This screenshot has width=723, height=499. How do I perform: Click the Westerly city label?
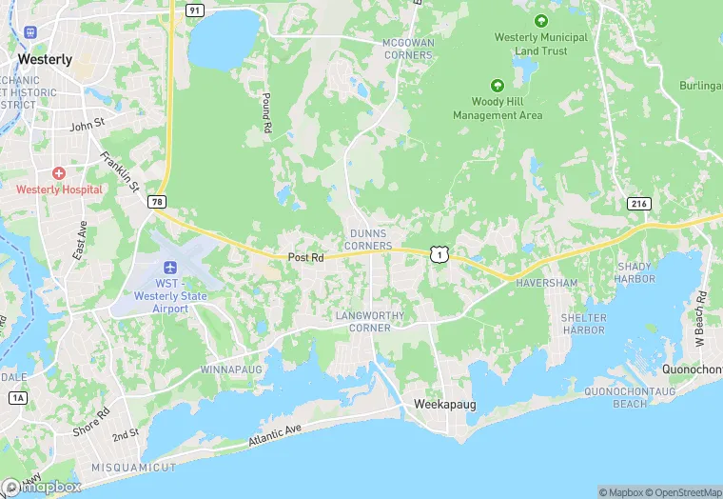(45, 59)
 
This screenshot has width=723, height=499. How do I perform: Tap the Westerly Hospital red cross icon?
(59, 174)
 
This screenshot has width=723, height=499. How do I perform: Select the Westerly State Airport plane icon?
(171, 268)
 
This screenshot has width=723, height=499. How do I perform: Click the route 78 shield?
(156, 202)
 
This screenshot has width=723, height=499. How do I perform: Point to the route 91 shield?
(195, 10)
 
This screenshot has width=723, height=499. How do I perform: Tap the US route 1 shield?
(439, 254)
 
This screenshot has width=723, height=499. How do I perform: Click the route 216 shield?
(637, 204)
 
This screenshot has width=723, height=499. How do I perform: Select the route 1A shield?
(16, 397)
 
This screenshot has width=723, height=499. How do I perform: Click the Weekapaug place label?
(444, 405)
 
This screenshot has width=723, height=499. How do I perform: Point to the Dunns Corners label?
(370, 239)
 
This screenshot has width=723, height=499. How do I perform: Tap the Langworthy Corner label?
(370, 321)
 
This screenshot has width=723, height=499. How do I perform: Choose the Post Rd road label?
(306, 257)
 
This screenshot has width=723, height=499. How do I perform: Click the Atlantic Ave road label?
(274, 437)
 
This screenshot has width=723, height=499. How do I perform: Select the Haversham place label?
(547, 284)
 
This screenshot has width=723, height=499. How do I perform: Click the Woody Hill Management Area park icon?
(496, 85)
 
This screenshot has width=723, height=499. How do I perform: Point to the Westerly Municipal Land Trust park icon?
(541, 20)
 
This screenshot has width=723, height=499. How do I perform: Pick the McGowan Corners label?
(407, 50)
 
